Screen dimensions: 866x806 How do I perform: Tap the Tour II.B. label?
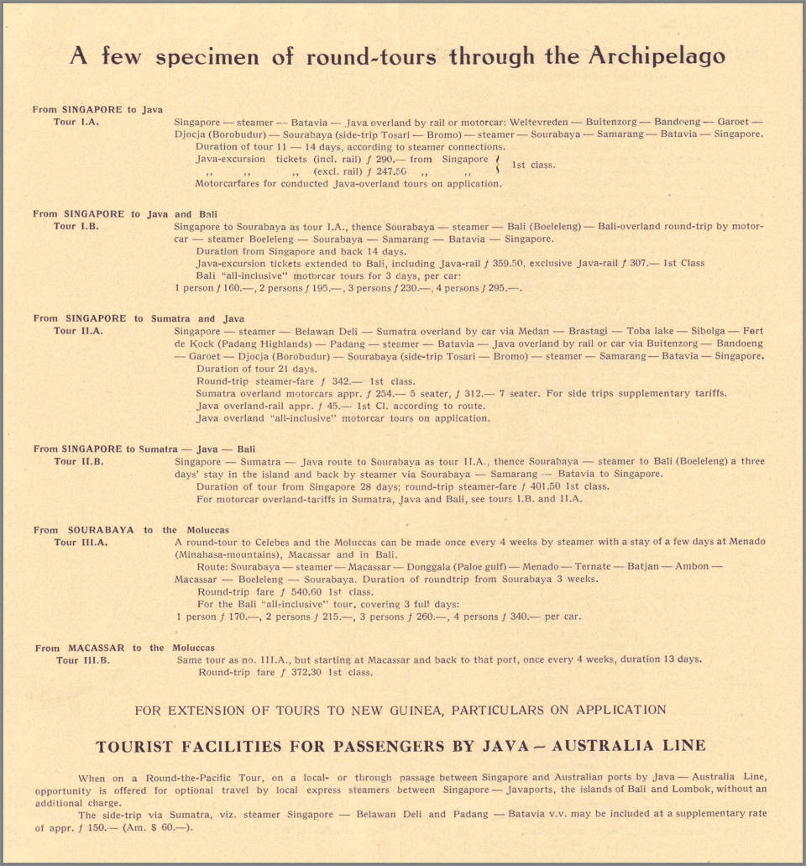click(79, 461)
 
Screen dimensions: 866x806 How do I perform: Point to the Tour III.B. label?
click(82, 660)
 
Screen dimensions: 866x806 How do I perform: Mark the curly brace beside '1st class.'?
click(499, 165)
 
